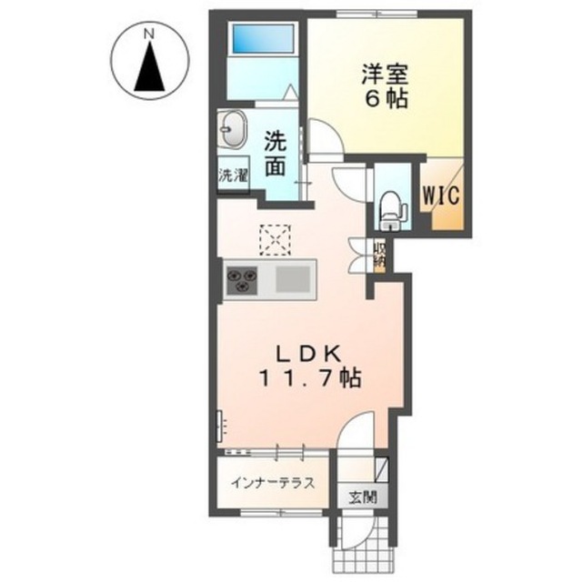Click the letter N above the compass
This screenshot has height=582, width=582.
pos(149,35)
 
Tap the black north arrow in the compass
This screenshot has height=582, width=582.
pos(149,66)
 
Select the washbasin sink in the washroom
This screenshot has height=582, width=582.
pos(233,129)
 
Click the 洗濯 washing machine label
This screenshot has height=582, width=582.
pos(233,176)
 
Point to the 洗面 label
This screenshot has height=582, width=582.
pos(275,156)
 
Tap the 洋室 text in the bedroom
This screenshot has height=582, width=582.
pos(386,75)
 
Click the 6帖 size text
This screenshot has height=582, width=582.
pos(386,98)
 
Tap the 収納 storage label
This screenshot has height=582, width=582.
pos(379,255)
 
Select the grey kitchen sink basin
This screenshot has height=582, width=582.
pos(293,279)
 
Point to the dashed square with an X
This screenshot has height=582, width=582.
pos(275,240)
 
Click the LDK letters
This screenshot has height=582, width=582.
pos(307,356)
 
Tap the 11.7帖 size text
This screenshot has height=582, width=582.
pos(310,378)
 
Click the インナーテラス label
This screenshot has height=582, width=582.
pos(273,483)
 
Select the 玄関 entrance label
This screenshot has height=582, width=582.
pos(363,497)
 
